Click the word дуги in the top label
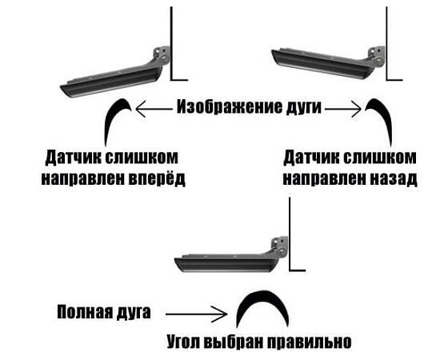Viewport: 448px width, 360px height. point(303,108)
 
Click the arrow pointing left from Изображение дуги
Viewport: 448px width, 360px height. point(154,109)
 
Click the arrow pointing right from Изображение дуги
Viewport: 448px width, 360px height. point(343,109)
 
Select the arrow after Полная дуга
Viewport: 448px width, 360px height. point(196,314)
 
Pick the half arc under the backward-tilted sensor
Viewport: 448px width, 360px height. point(384,114)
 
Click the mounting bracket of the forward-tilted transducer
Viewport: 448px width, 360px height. point(162,56)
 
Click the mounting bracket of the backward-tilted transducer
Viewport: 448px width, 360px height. point(377,56)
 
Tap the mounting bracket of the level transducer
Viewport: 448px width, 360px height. point(279,246)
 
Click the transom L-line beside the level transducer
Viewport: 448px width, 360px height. point(290,234)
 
